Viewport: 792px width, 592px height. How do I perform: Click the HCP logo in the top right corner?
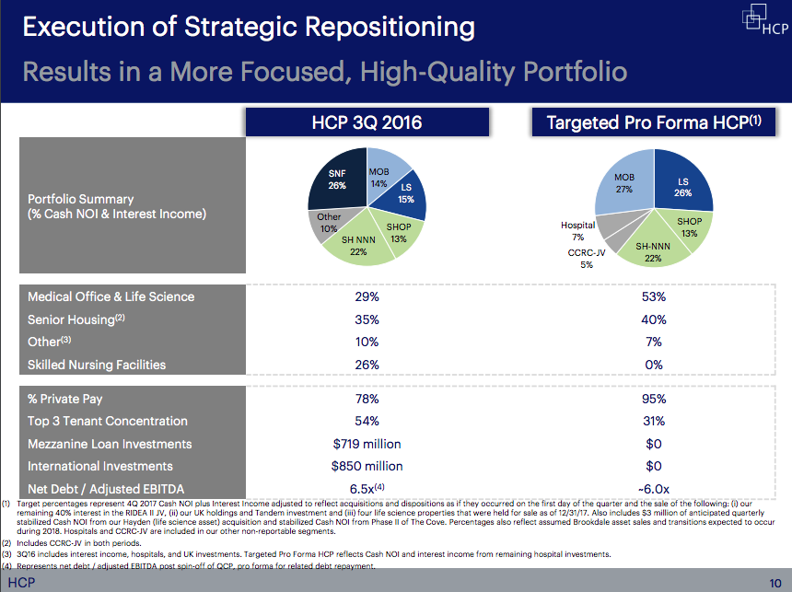[x=763, y=20]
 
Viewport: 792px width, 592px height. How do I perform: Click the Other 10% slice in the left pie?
[x=329, y=223]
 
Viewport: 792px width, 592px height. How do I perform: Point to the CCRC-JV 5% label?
[x=587, y=258]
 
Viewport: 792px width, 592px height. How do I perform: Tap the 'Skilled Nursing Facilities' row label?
[x=97, y=365]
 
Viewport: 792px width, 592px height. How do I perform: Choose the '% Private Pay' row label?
[x=65, y=399]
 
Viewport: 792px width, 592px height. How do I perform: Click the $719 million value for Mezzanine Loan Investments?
[x=367, y=444]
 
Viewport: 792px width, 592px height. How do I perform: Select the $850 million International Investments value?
[x=367, y=466]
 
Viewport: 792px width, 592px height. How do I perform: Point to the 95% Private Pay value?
[x=654, y=399]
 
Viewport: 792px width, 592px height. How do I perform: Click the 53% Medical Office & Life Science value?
[x=654, y=296]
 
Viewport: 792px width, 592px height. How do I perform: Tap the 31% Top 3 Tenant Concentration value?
[x=654, y=421]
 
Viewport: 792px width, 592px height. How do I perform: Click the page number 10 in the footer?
[x=775, y=584]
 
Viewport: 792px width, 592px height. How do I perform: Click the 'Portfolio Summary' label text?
[x=80, y=199]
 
